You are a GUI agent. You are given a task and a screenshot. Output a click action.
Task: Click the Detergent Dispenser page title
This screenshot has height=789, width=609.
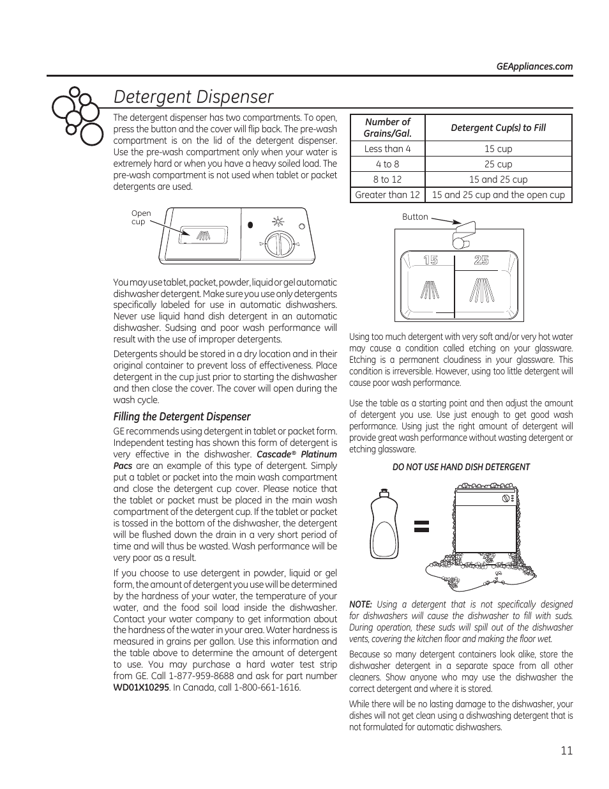tap(193, 96)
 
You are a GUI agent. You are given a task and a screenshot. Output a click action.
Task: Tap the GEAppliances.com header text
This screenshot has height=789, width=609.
tap(534, 66)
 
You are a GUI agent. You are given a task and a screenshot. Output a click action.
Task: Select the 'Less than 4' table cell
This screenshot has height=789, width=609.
tap(387, 149)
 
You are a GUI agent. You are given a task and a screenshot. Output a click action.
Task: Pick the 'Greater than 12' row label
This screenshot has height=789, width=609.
tap(387, 195)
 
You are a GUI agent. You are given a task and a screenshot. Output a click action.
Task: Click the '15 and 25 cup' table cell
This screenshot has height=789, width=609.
tap(498, 180)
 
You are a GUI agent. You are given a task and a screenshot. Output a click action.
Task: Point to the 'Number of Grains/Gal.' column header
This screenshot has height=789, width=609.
tap(387, 127)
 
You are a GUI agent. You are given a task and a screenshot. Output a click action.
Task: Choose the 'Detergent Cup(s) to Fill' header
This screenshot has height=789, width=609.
tap(498, 127)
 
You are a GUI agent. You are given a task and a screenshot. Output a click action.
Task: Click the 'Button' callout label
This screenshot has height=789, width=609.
tap(415, 217)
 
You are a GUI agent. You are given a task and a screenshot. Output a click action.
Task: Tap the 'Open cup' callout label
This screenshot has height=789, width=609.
tap(141, 218)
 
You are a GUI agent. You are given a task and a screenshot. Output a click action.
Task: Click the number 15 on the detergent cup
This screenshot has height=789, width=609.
tap(430, 260)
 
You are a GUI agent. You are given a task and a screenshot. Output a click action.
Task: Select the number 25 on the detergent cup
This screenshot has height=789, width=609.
tap(482, 260)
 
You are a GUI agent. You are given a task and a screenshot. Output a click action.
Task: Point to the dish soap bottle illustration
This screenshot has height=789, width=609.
tap(384, 526)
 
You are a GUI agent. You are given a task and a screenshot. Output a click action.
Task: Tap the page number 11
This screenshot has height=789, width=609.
tap(567, 751)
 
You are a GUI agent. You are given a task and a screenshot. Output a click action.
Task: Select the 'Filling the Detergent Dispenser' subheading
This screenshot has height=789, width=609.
tap(182, 417)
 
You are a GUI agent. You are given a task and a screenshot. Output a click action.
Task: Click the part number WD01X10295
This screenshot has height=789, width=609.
tap(141, 687)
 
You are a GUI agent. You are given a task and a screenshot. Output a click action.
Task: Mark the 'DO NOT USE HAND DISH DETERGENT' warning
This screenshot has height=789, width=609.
tap(461, 467)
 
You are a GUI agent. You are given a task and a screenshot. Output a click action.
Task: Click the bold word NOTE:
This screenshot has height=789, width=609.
tap(361, 604)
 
